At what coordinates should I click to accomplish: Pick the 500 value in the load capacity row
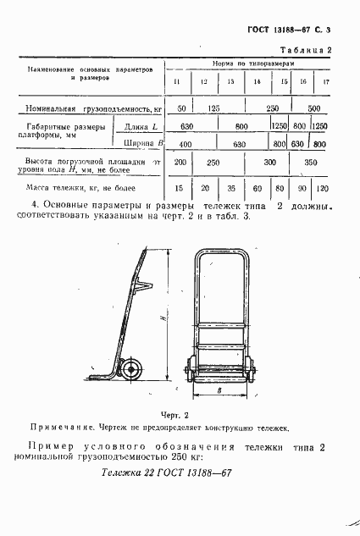(x=314, y=109)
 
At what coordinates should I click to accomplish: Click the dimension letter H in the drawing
(x=162, y=316)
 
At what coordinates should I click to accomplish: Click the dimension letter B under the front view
(x=219, y=392)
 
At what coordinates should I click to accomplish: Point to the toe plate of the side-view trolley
(x=102, y=376)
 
